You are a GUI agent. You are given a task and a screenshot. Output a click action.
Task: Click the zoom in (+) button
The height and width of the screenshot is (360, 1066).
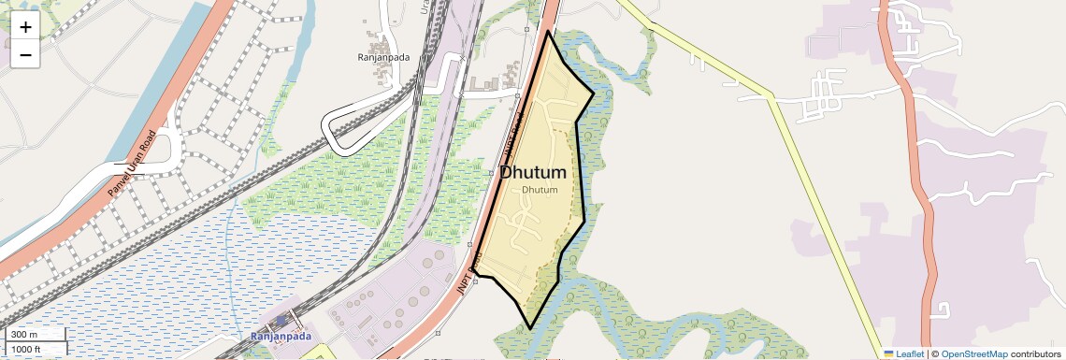click(x=25, y=26)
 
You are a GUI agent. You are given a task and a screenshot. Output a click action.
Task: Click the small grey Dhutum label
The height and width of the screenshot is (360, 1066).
click(x=540, y=191)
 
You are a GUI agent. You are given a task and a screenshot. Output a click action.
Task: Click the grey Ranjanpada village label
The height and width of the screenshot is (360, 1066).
click(x=383, y=56)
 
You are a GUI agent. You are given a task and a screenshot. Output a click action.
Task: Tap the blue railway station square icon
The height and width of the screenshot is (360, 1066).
click(x=281, y=321)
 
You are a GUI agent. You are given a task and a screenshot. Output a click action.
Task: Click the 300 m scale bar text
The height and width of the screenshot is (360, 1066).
click(x=24, y=335)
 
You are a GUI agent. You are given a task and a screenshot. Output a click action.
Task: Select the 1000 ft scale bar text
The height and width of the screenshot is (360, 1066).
click(x=26, y=350)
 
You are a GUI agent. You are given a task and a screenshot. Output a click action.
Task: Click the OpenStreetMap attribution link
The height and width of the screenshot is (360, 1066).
click(x=974, y=354)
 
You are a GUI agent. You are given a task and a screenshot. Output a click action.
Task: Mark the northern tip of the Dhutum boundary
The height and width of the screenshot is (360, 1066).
click(x=549, y=32)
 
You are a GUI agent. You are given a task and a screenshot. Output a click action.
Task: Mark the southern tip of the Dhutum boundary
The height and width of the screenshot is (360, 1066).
click(x=530, y=328)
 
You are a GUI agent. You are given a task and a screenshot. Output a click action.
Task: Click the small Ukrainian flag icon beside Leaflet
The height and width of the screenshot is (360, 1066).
click(x=889, y=354)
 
